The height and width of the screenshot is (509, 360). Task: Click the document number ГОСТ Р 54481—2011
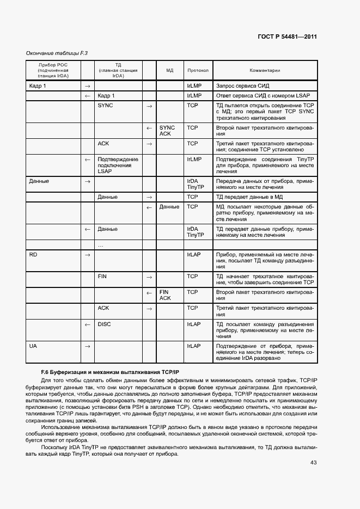tap(287, 37)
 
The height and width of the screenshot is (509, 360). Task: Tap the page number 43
tap(313, 463)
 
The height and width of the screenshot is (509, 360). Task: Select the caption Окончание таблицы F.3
tap(57, 53)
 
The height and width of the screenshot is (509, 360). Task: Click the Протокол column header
tap(198, 70)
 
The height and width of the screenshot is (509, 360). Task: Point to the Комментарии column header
tap(265, 70)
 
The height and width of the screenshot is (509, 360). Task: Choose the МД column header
tap(169, 70)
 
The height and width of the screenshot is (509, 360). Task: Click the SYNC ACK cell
tap(167, 131)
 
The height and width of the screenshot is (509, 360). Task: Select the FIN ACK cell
tap(165, 295)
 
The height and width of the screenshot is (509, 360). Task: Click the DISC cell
tap(104, 324)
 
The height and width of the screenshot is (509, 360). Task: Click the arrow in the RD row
tap(87, 255)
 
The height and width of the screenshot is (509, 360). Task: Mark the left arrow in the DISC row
tap(87, 324)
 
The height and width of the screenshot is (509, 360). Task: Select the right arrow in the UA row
tap(87, 346)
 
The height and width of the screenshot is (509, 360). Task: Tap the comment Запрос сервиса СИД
tap(242, 86)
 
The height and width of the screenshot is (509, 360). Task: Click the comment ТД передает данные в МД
tap(249, 197)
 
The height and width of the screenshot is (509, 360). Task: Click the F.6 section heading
tap(106, 370)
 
